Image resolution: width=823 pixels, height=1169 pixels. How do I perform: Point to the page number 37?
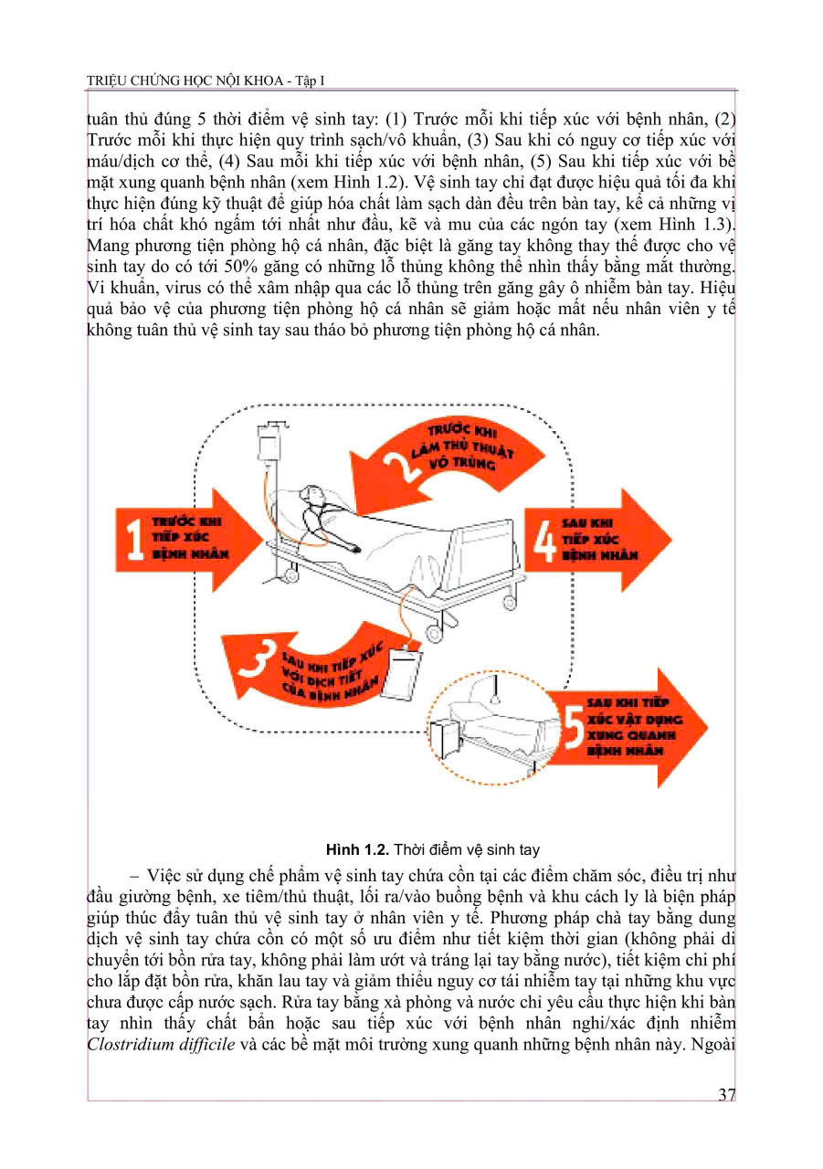click(x=726, y=1095)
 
